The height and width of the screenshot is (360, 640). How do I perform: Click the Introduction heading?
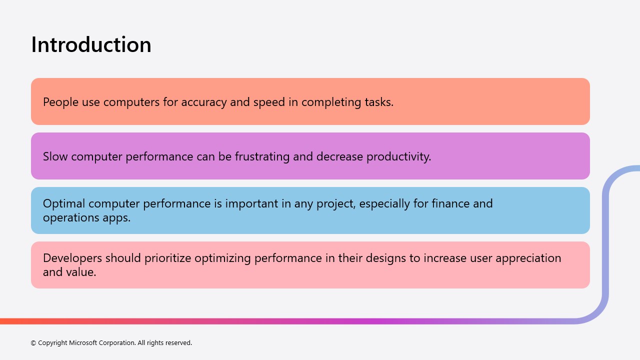91,45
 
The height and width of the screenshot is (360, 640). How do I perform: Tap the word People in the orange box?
60,102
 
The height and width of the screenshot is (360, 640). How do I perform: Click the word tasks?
379,102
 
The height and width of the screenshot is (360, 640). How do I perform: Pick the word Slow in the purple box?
55,156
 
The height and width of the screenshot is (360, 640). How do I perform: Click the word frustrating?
262,156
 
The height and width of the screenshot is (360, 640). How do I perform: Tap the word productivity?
399,156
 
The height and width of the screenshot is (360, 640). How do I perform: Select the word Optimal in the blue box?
64,203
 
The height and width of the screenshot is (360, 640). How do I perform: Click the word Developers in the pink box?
72,258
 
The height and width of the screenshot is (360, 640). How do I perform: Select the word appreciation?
528,258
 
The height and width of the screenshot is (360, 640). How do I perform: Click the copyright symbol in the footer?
33,343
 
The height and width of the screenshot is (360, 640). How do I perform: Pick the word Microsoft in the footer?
83,342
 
